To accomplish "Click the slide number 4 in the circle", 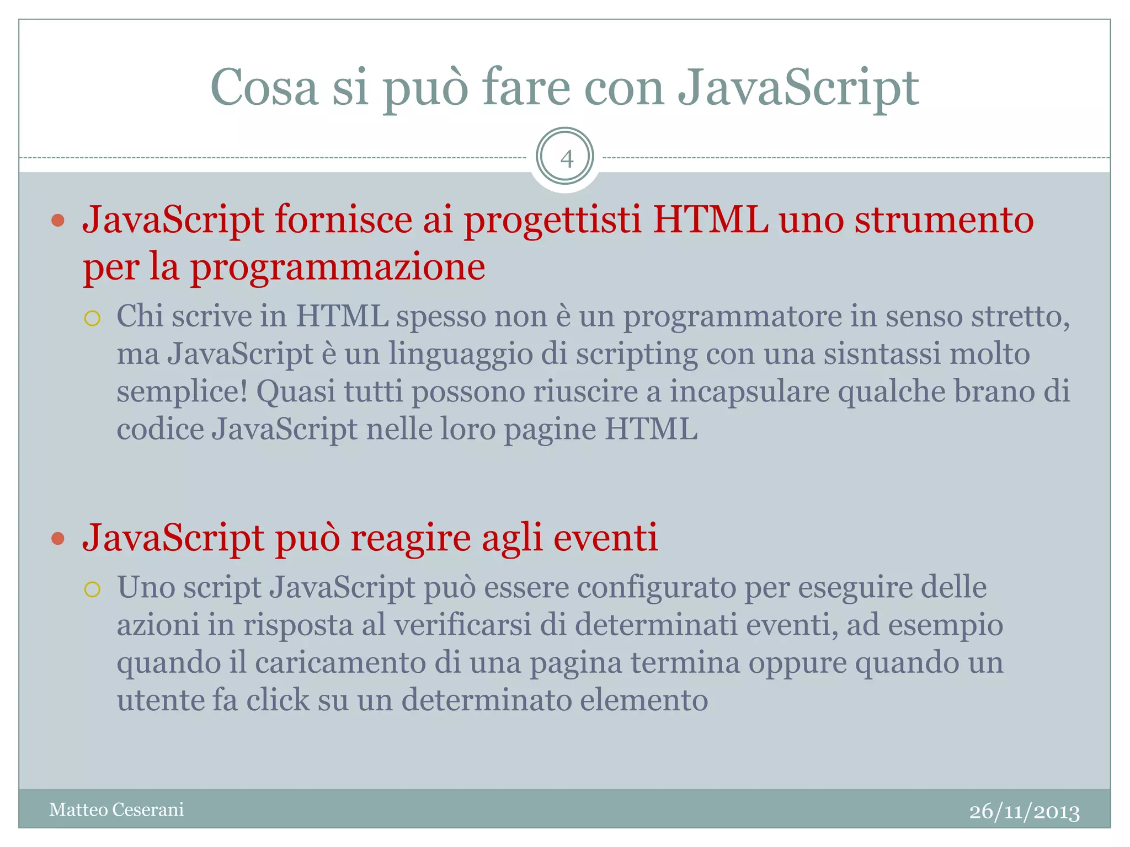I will point(566,159).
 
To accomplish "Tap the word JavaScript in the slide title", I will point(798,88).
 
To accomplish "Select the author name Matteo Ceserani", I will point(116,810).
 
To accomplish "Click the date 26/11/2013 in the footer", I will point(1024,812).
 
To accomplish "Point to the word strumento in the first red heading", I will point(944,219).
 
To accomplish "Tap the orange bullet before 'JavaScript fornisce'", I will point(58,221).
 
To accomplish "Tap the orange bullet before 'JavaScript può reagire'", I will point(58,538).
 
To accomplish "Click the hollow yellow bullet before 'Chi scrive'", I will point(92,318).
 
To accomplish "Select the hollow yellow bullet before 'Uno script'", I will point(92,589).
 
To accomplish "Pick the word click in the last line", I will point(278,700).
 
